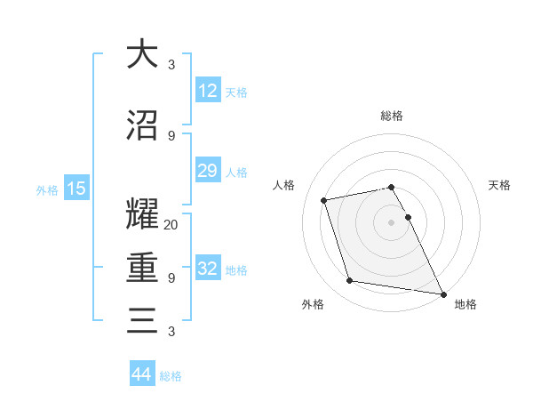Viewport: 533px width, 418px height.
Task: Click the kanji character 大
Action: pos(142,55)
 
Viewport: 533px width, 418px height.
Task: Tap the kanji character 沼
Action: pos(142,126)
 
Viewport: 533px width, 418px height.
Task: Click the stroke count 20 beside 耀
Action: pos(171,225)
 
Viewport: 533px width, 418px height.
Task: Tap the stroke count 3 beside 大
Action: pos(171,65)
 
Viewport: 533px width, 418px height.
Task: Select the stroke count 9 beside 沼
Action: pos(171,136)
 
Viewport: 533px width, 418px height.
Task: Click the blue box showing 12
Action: pos(207,91)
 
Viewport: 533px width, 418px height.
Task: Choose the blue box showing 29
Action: pos(207,171)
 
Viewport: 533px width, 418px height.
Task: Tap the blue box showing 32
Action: pos(207,269)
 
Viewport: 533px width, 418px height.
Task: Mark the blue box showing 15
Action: pos(76,189)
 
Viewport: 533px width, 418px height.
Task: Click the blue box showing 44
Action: pos(142,375)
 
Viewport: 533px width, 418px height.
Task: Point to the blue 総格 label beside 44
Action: pos(171,376)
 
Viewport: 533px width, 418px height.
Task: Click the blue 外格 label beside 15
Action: pos(46,189)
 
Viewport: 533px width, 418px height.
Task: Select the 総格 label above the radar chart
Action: pos(392,116)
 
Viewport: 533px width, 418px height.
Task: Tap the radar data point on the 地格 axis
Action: pos(442,293)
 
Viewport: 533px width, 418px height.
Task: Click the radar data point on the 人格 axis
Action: pos(324,199)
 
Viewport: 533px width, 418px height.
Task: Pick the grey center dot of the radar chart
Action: pos(392,222)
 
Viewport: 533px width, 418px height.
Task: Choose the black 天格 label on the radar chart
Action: pos(499,185)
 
